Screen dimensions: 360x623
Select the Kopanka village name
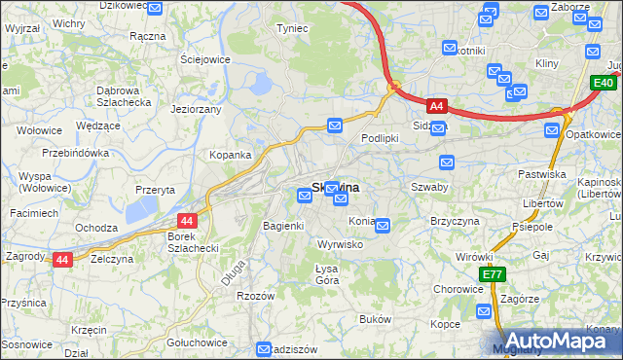(x=231, y=155)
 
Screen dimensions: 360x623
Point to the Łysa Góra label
(x=326, y=273)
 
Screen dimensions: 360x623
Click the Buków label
(x=375, y=319)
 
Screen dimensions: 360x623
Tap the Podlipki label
(x=380, y=138)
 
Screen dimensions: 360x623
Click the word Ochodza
(x=96, y=228)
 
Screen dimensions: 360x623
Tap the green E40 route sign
(x=603, y=85)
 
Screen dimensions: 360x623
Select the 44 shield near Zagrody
(x=62, y=260)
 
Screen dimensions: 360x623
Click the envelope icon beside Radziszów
(x=264, y=349)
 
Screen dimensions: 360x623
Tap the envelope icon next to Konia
(x=383, y=226)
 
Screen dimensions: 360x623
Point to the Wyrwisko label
(x=341, y=244)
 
